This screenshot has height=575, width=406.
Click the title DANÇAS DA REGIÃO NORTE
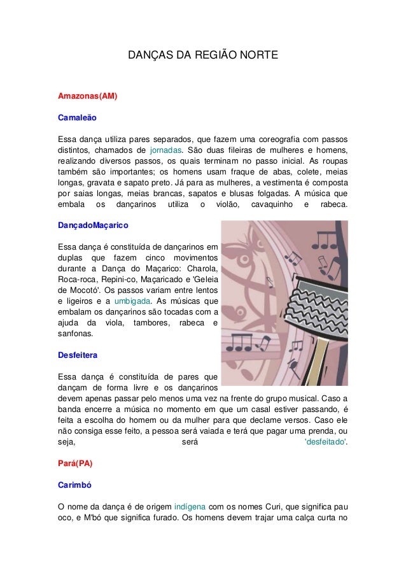[x=203, y=56]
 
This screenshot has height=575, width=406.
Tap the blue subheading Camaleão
[x=77, y=118]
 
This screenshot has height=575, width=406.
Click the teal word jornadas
[x=165, y=150]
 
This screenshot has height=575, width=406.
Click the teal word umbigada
[x=132, y=301]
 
